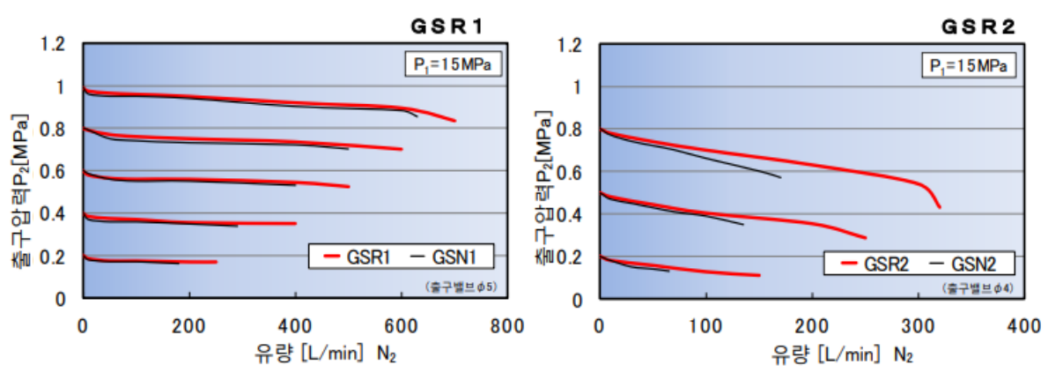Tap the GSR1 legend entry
click(x=356, y=257)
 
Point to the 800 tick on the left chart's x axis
click(x=507, y=325)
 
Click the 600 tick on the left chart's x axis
click(x=401, y=325)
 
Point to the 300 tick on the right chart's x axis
click(x=918, y=325)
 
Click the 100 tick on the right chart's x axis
click(x=705, y=325)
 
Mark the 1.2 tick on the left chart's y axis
click(x=55, y=44)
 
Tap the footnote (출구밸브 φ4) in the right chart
click(x=978, y=287)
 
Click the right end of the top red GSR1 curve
click(x=454, y=121)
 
